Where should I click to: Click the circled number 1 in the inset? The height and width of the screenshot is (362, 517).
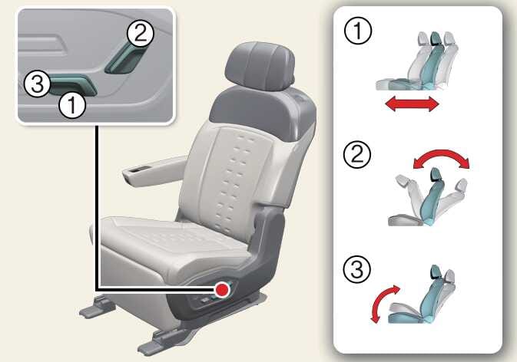click(x=72, y=105)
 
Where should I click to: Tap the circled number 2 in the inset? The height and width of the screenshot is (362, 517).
click(x=141, y=34)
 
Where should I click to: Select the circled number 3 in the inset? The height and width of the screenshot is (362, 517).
click(x=38, y=84)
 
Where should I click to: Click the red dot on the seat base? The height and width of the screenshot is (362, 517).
click(x=222, y=290)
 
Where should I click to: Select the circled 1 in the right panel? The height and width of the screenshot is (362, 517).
click(x=358, y=31)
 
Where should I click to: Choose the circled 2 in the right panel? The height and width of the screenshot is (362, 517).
click(x=357, y=154)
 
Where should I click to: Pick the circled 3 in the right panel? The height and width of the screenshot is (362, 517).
click(x=357, y=269)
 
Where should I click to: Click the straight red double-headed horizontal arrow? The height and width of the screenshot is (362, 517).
click(x=413, y=104)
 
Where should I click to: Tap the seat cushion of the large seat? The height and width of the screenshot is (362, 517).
click(x=171, y=244)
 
